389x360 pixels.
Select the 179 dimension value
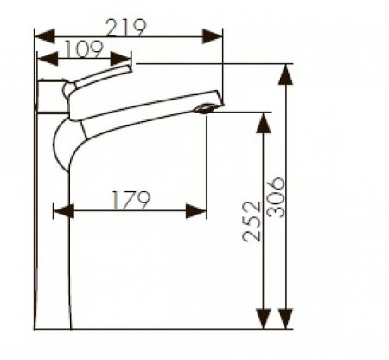[131, 199]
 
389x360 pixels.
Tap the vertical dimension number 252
[252, 224]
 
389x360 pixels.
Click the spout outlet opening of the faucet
[207, 109]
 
